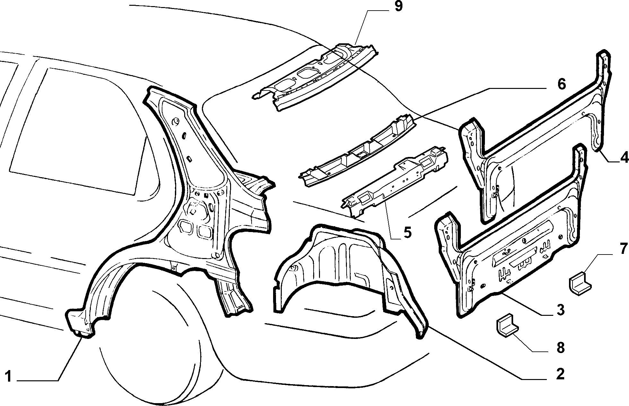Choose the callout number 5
407,233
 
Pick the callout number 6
561,84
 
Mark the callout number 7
623,249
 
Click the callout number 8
560,348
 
